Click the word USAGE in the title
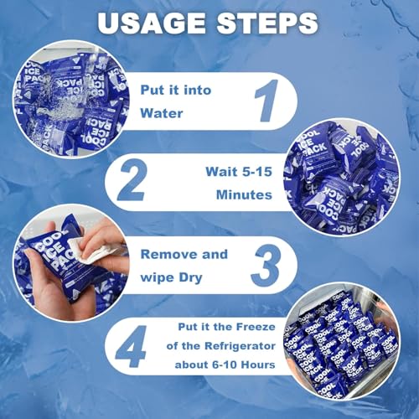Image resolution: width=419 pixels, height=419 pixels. tap(152, 23)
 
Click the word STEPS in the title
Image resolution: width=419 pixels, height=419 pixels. tap(267, 23)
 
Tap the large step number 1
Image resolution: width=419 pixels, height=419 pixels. tap(267, 101)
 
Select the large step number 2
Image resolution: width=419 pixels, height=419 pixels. tap(132, 179)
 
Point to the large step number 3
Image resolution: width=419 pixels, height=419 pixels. tap(266, 265)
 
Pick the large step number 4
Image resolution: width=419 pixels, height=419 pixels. tap(131, 346)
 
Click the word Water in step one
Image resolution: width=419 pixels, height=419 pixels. tap(162, 113)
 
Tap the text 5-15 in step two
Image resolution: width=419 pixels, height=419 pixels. tap(256, 172)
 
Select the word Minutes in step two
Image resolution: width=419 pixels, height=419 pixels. tap(244, 194)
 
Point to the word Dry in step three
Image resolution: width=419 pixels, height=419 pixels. tap(190, 278)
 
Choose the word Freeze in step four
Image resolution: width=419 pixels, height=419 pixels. tap(256, 327)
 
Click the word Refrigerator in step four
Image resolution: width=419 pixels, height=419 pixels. tap(240, 346)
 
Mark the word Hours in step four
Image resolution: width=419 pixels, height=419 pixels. tap(258, 365)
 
